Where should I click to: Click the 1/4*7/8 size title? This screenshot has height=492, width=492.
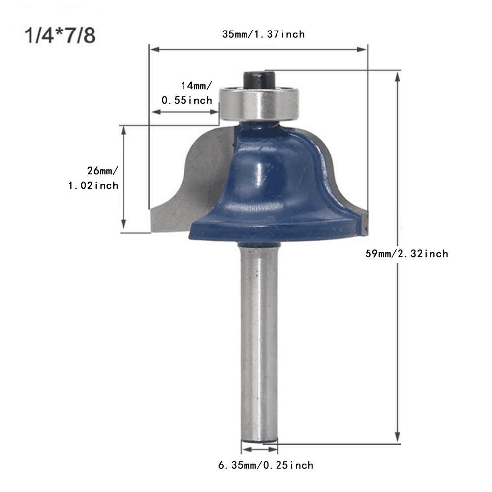pos(60,35)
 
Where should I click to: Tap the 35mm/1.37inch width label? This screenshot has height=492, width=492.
pos(263,34)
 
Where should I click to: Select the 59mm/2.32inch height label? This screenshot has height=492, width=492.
pos(407,253)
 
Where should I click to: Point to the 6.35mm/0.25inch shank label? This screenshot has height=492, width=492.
pos(266,465)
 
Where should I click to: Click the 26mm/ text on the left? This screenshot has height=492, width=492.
pos(102,171)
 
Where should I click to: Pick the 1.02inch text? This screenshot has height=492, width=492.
pos(93,185)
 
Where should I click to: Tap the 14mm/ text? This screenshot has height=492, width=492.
pos(196,85)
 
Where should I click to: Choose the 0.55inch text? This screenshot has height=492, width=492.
pos(186,100)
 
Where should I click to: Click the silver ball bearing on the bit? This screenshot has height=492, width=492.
pos(259,103)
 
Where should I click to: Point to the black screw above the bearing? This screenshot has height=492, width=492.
pos(259,79)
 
